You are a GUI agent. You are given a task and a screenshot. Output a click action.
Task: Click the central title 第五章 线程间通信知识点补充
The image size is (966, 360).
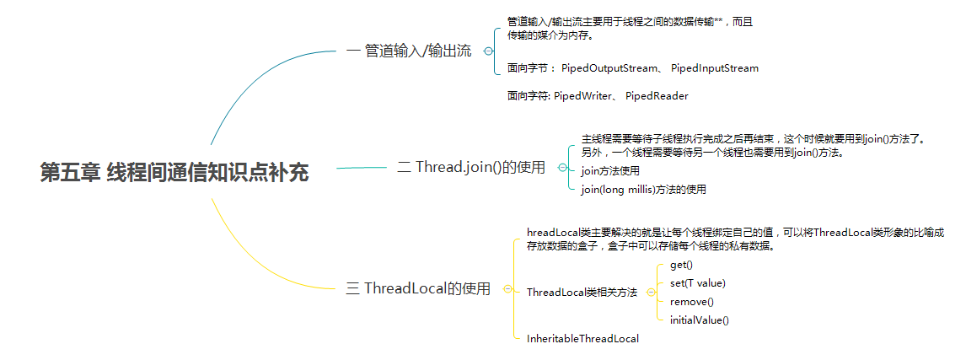point(174,173)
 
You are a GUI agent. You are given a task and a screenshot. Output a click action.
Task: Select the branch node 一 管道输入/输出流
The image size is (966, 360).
point(409,51)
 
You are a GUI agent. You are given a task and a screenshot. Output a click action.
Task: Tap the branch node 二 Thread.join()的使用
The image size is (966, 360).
point(471,167)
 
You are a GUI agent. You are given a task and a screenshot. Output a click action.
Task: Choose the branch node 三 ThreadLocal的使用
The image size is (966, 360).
point(418,288)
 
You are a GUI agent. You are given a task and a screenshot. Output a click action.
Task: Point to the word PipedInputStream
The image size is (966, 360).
point(715,68)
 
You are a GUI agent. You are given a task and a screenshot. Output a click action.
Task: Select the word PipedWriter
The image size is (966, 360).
point(583,96)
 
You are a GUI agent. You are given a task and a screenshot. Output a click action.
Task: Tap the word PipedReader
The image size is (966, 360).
point(657,96)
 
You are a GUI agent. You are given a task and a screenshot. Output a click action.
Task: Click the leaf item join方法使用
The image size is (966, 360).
point(610,171)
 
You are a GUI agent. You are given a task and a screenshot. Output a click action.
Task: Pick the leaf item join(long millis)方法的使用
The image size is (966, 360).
point(643,190)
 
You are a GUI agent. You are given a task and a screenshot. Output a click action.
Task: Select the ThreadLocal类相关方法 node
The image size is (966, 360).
point(582,293)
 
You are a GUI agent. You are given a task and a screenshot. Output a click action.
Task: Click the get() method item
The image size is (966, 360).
point(681,265)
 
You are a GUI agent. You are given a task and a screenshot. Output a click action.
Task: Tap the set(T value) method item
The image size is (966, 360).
point(697,283)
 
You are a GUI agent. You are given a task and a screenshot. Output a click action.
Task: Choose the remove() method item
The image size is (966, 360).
point(691,302)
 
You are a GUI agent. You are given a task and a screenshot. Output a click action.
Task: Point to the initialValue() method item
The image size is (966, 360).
point(699,320)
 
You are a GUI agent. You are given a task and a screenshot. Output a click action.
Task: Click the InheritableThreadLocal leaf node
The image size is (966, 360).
point(582,339)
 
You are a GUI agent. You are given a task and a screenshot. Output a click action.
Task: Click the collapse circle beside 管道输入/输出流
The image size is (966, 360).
point(488,51)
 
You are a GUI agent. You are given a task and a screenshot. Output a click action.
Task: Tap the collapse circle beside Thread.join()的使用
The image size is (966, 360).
point(562,168)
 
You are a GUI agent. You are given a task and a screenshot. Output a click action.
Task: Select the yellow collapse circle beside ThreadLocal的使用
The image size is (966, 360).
point(507,288)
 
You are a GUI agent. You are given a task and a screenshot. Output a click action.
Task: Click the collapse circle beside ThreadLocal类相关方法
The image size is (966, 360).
point(651,293)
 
